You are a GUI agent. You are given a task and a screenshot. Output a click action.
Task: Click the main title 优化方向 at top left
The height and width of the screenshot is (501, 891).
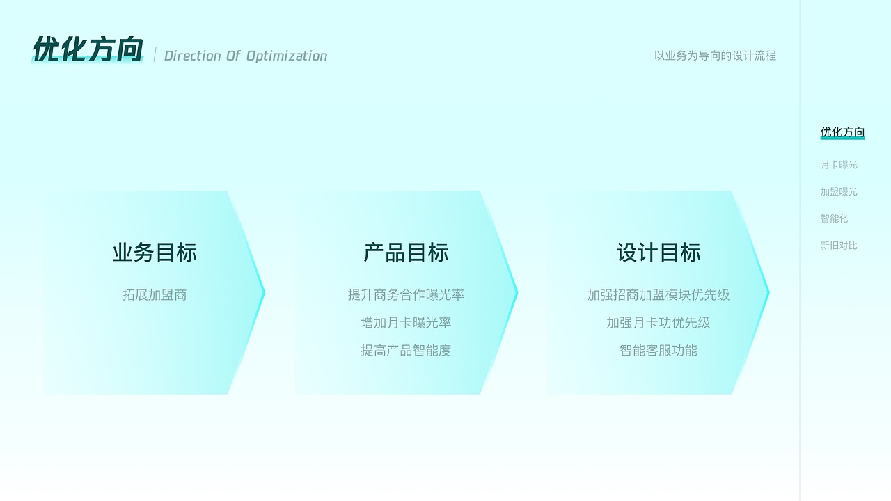pos(88,50)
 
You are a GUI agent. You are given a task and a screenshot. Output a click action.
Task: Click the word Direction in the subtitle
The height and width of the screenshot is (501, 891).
pos(192,56)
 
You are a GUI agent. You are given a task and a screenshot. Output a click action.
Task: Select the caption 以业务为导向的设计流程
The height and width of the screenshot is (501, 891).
pos(715,56)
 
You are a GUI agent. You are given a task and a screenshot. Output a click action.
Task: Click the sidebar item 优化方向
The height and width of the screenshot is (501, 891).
pos(842,132)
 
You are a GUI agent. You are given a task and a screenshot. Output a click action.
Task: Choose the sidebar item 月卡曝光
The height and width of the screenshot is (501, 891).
pos(839,165)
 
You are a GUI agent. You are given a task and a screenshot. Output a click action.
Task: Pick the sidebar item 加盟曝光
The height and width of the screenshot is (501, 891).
pos(839,191)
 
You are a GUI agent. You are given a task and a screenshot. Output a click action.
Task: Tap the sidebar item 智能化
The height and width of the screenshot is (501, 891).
pos(834,218)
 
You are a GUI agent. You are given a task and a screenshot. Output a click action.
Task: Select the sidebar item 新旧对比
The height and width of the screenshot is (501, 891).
pos(839,246)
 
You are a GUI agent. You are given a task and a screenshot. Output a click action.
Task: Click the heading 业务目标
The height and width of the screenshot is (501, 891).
pos(155,253)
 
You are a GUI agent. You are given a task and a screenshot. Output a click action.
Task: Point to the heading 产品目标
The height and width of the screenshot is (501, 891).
pos(406,253)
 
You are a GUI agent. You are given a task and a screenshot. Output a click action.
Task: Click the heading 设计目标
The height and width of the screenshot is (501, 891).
pos(659,253)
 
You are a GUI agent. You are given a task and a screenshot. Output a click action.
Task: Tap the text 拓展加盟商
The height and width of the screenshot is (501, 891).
pos(155,295)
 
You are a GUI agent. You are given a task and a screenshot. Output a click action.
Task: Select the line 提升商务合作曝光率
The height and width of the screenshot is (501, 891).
pos(406,295)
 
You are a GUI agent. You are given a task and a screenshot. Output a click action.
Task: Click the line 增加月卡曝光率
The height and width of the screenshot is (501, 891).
pos(406,323)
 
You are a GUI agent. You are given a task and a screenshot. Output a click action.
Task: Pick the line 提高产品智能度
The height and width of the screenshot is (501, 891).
pos(406,351)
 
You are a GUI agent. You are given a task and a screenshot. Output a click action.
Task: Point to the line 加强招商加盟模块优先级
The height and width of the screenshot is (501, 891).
pos(659,295)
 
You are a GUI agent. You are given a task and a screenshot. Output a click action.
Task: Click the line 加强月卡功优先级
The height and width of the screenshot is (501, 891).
pos(659,323)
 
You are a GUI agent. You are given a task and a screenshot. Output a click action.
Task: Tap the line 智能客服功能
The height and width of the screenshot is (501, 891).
pos(659,351)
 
